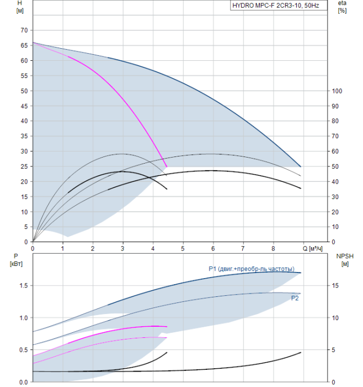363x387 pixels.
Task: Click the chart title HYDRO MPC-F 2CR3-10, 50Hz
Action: tap(276, 6)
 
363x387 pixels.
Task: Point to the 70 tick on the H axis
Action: tap(24, 30)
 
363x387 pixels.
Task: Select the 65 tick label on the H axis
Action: tap(24, 45)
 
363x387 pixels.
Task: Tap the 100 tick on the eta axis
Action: tap(337, 91)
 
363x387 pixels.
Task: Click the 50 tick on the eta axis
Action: tap(335, 166)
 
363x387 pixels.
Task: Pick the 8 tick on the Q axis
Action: tap(273, 249)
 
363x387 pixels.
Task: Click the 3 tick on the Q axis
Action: tap(122, 249)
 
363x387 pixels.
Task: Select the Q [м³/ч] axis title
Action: tap(312, 249)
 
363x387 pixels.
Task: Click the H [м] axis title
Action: tap(20, 7)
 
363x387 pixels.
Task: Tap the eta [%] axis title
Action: tap(342, 7)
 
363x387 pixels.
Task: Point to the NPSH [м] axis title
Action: tap(345, 260)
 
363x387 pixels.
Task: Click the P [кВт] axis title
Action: tap(16, 260)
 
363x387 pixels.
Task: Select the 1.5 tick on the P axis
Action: tap(24, 286)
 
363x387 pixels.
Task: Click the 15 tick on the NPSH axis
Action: tap(335, 286)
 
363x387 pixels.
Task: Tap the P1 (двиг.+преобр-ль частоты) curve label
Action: tap(252, 269)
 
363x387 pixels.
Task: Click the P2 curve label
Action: tap(295, 299)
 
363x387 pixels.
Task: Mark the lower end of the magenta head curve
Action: tap(167, 167)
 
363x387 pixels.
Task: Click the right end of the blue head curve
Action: tap(301, 167)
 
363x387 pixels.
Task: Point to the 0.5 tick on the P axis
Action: tap(24, 350)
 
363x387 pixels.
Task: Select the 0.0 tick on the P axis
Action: tap(24, 383)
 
